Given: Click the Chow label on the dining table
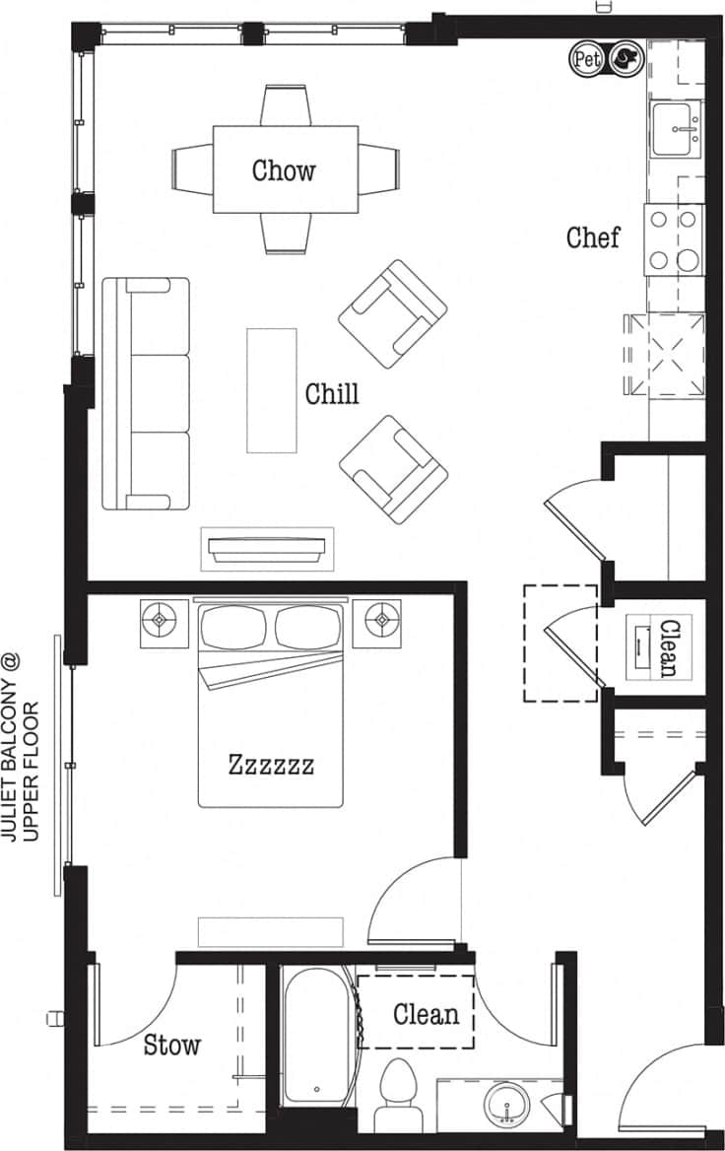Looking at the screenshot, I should [x=284, y=169].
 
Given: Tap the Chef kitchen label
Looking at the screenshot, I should [x=593, y=237].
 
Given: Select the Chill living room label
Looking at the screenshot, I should [x=332, y=394].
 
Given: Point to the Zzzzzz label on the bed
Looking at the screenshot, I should [x=272, y=764].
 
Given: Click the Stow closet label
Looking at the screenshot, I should [x=172, y=1045].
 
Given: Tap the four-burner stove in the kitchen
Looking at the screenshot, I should [x=675, y=239].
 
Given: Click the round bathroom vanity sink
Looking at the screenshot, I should [x=508, y=1102].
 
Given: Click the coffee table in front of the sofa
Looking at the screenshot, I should [x=271, y=390].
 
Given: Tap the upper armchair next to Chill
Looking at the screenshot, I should [x=392, y=313].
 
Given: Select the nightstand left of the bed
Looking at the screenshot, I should [x=163, y=622].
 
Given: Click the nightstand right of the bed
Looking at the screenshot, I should [x=379, y=622].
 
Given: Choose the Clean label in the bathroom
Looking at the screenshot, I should [x=426, y=1013].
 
